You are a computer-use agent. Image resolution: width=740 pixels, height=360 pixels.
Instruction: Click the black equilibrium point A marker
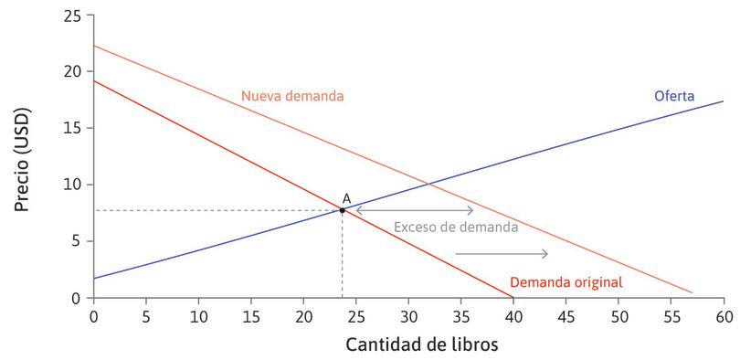pos(343,210)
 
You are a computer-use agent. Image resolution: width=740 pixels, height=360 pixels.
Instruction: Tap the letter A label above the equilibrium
pos(346,198)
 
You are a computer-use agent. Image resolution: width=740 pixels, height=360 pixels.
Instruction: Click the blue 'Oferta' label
pos(674,96)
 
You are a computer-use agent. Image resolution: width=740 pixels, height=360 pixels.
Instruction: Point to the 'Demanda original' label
pos(566,282)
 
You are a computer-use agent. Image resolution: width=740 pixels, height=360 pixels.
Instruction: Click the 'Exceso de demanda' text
pos(455,227)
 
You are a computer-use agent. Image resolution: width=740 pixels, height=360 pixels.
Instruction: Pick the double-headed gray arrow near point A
pos(414,210)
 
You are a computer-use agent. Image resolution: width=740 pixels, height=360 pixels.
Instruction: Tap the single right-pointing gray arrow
pos(501,253)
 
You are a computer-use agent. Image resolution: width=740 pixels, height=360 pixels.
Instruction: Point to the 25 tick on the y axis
pos(73,16)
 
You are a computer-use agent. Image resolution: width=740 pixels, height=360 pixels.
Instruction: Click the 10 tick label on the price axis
pos(73,185)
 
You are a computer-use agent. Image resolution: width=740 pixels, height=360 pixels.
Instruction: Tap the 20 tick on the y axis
pos(73,72)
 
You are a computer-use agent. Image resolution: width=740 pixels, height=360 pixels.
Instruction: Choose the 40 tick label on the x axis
pos(513,315)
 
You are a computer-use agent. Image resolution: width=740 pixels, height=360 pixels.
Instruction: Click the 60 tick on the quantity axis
pos(724,315)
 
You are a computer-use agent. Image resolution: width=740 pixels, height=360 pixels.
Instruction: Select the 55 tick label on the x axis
pos(671,315)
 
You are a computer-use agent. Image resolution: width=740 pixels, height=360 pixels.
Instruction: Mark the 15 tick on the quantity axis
pos(250,315)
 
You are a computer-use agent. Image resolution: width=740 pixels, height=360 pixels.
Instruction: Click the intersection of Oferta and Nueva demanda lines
pos(429,186)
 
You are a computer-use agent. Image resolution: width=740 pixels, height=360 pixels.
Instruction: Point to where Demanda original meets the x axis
pos(513,298)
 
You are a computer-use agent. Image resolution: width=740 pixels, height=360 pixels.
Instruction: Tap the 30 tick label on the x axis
pos(408,315)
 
